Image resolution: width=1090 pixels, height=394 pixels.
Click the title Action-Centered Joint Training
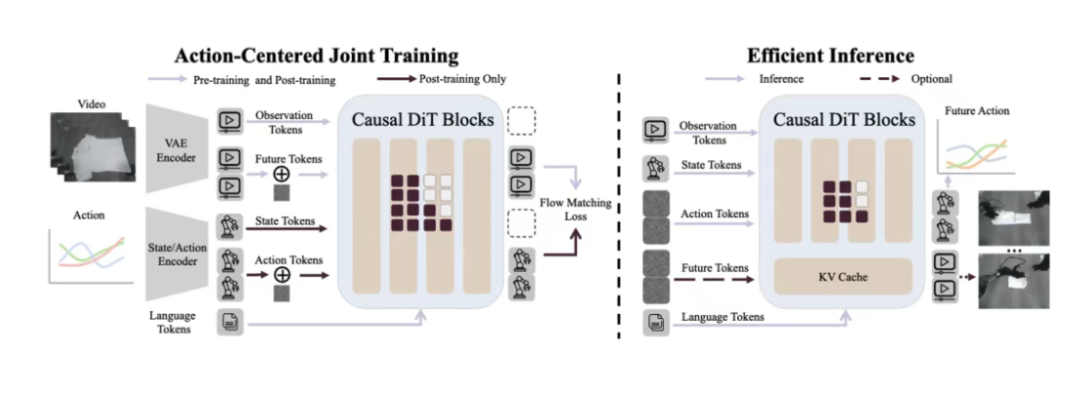click(315, 56)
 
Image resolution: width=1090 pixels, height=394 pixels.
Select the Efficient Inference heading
click(831, 56)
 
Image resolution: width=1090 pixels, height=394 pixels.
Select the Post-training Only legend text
click(462, 79)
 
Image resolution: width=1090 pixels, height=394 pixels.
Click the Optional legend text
click(930, 79)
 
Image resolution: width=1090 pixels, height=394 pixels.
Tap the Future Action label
click(976, 111)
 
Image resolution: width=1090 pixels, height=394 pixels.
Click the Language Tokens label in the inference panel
click(722, 316)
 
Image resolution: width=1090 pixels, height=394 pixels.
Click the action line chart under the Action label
click(90, 256)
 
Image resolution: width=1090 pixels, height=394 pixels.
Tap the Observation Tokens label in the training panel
click(284, 121)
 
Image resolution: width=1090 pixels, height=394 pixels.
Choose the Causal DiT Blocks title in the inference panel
click(844, 121)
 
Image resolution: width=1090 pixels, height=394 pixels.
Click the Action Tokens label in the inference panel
click(715, 214)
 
